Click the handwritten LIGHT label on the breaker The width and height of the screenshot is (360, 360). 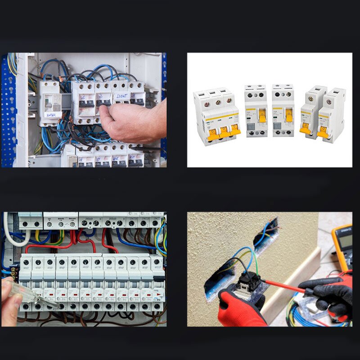122,96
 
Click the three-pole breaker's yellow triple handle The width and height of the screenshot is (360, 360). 221,131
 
